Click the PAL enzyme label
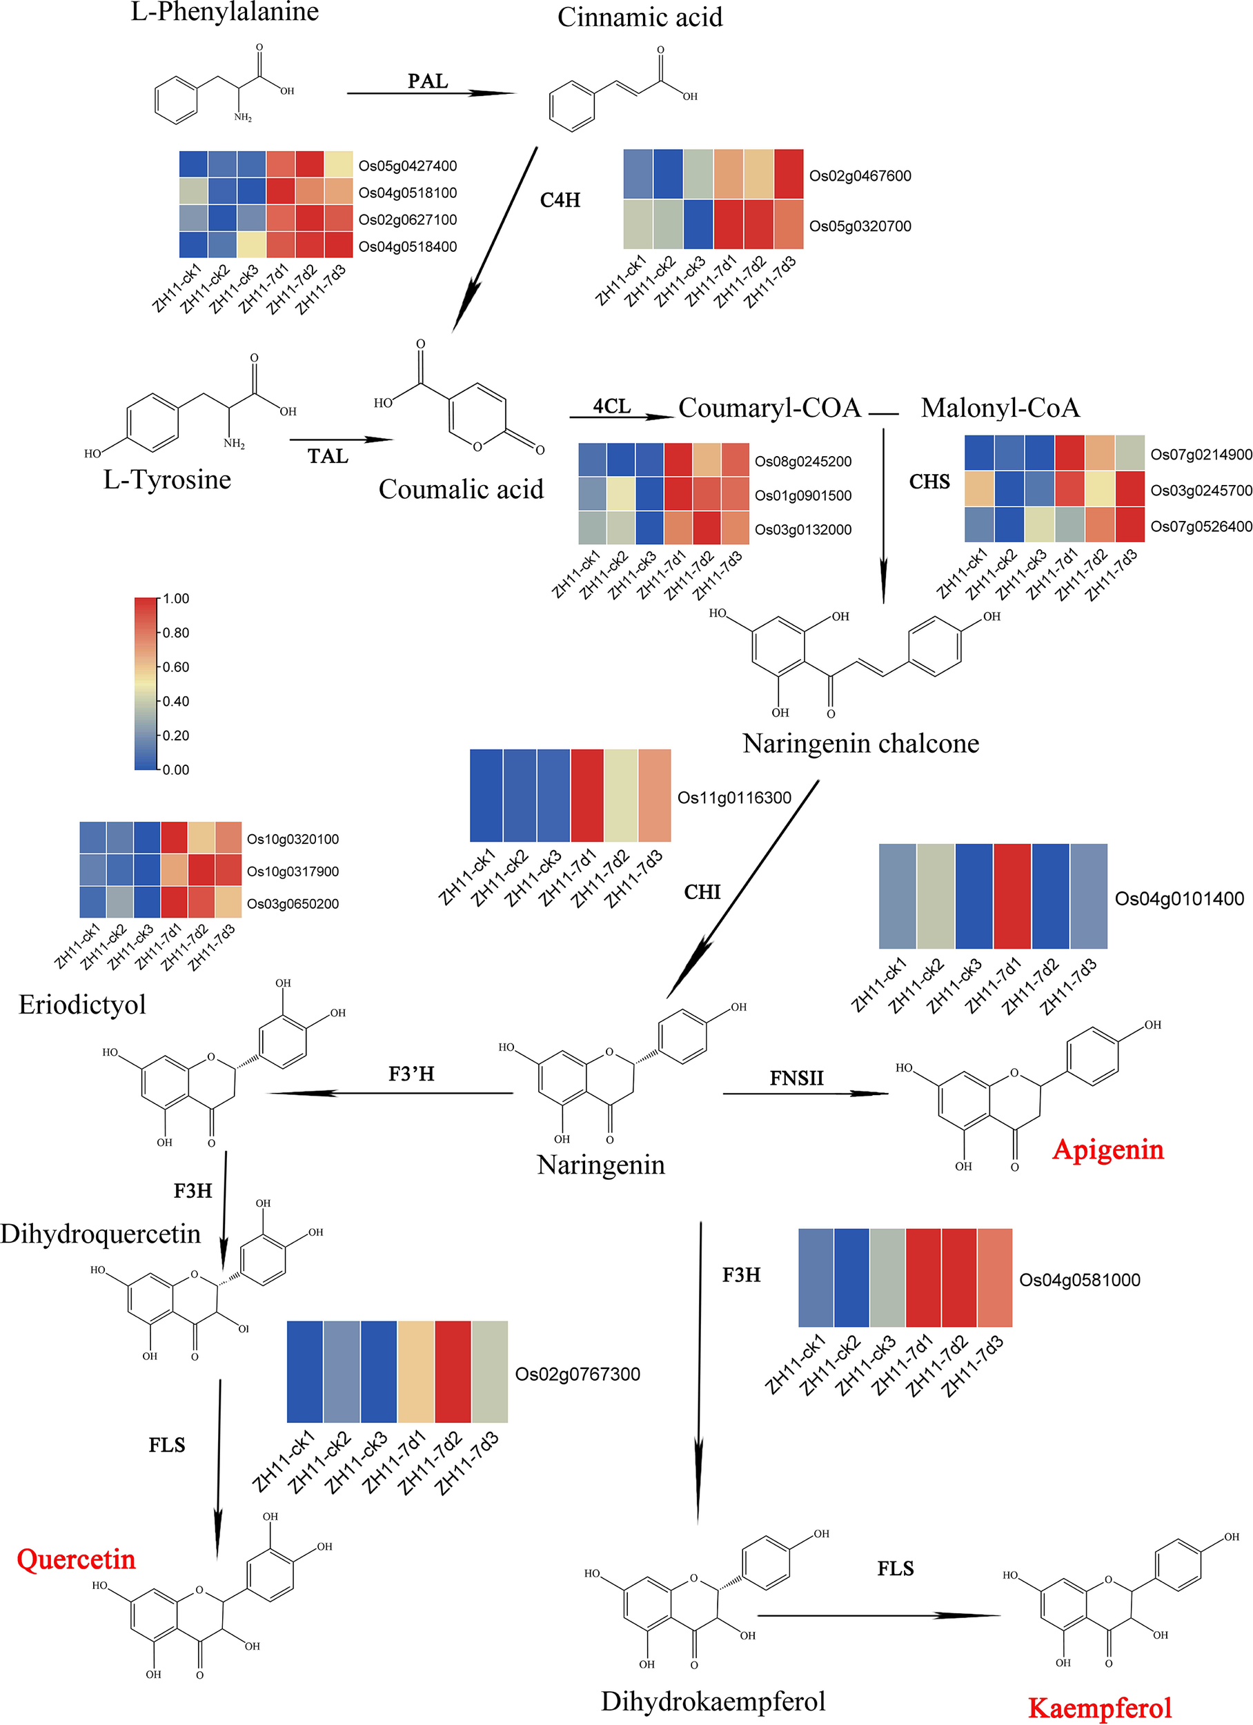428,81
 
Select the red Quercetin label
76,1559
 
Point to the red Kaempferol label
1099,1708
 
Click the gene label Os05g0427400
408,166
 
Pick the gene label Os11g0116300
734,797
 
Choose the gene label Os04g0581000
1080,1280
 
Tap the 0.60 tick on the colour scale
176,667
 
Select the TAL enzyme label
328,456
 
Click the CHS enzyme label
929,482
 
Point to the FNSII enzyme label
796,1078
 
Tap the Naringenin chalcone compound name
860,743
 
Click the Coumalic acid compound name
461,489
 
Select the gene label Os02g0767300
578,1374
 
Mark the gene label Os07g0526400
1201,526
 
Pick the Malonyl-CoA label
1000,408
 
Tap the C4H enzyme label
560,200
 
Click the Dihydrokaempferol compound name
713,1701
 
